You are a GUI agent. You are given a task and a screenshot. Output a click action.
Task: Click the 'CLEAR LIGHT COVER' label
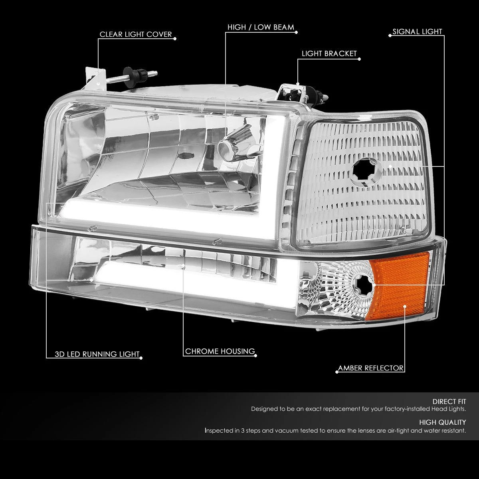pyautogui.click(x=136, y=34)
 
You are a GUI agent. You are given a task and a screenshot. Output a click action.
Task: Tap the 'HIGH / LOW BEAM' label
pyautogui.click(x=261, y=28)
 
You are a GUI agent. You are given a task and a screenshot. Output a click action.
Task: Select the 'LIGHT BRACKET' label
pyautogui.click(x=329, y=54)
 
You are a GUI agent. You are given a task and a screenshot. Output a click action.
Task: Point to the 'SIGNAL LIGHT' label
pyautogui.click(x=418, y=32)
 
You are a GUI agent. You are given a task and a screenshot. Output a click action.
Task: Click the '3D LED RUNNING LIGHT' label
pyautogui.click(x=97, y=354)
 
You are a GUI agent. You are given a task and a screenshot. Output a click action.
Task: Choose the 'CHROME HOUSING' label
pyautogui.click(x=220, y=351)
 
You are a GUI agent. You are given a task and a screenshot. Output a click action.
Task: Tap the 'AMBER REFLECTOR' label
pyautogui.click(x=370, y=368)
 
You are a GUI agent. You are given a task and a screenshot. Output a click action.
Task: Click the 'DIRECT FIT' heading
pyautogui.click(x=449, y=402)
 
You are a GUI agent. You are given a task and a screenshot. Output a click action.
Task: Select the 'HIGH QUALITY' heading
pyautogui.click(x=442, y=422)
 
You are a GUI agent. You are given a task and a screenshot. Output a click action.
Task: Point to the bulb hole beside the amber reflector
pyautogui.click(x=363, y=286)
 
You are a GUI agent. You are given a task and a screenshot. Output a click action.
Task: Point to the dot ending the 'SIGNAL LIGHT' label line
pyautogui.click(x=390, y=36)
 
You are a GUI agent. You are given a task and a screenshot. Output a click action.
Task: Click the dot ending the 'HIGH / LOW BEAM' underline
pyautogui.click(x=296, y=32)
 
